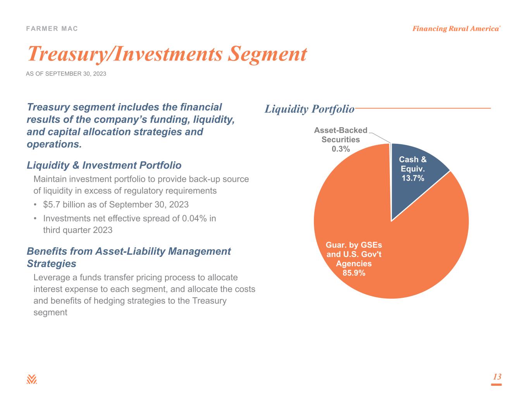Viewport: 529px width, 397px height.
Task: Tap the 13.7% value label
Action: click(x=412, y=178)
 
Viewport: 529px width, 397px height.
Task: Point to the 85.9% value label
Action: click(x=353, y=273)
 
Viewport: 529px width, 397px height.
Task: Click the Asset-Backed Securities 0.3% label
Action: click(x=341, y=140)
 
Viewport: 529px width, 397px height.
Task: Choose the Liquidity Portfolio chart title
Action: click(x=309, y=109)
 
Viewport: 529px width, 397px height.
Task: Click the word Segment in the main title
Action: click(x=267, y=54)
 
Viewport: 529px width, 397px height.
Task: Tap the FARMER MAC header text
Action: click(x=52, y=29)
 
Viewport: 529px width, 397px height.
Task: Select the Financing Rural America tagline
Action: click(x=455, y=29)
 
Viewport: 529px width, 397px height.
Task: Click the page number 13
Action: click(x=497, y=377)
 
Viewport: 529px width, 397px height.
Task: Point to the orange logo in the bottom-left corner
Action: click(x=32, y=379)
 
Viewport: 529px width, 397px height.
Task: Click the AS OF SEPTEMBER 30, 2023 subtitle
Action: click(x=66, y=74)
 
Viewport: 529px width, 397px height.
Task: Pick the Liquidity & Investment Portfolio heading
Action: click(x=104, y=166)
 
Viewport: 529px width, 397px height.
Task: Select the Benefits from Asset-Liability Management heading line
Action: click(x=129, y=251)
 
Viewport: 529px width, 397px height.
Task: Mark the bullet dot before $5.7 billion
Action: click(x=36, y=205)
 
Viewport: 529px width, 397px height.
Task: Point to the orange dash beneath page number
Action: click(x=496, y=385)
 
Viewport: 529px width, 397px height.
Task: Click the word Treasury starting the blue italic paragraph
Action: click(x=48, y=107)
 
